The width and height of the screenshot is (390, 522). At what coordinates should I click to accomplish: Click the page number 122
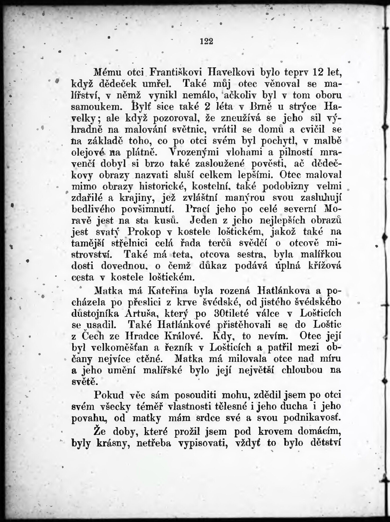pyautogui.click(x=207, y=42)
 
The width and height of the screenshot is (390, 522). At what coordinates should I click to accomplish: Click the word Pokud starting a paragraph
pyautogui.click(x=109, y=395)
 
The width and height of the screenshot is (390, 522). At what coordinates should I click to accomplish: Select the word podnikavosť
pyautogui.click(x=312, y=418)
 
